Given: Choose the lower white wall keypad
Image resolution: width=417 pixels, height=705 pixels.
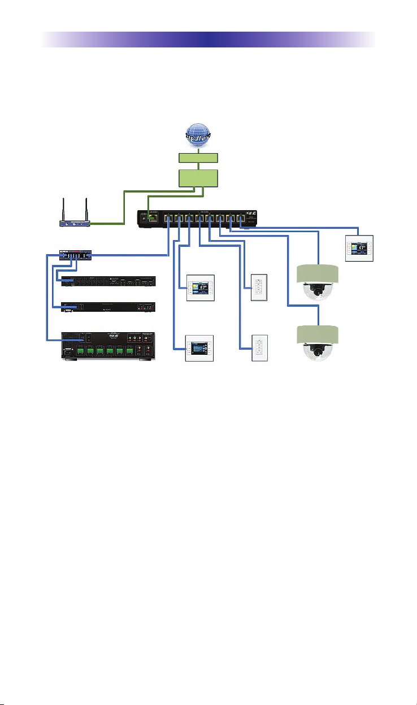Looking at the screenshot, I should click(x=259, y=349).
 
